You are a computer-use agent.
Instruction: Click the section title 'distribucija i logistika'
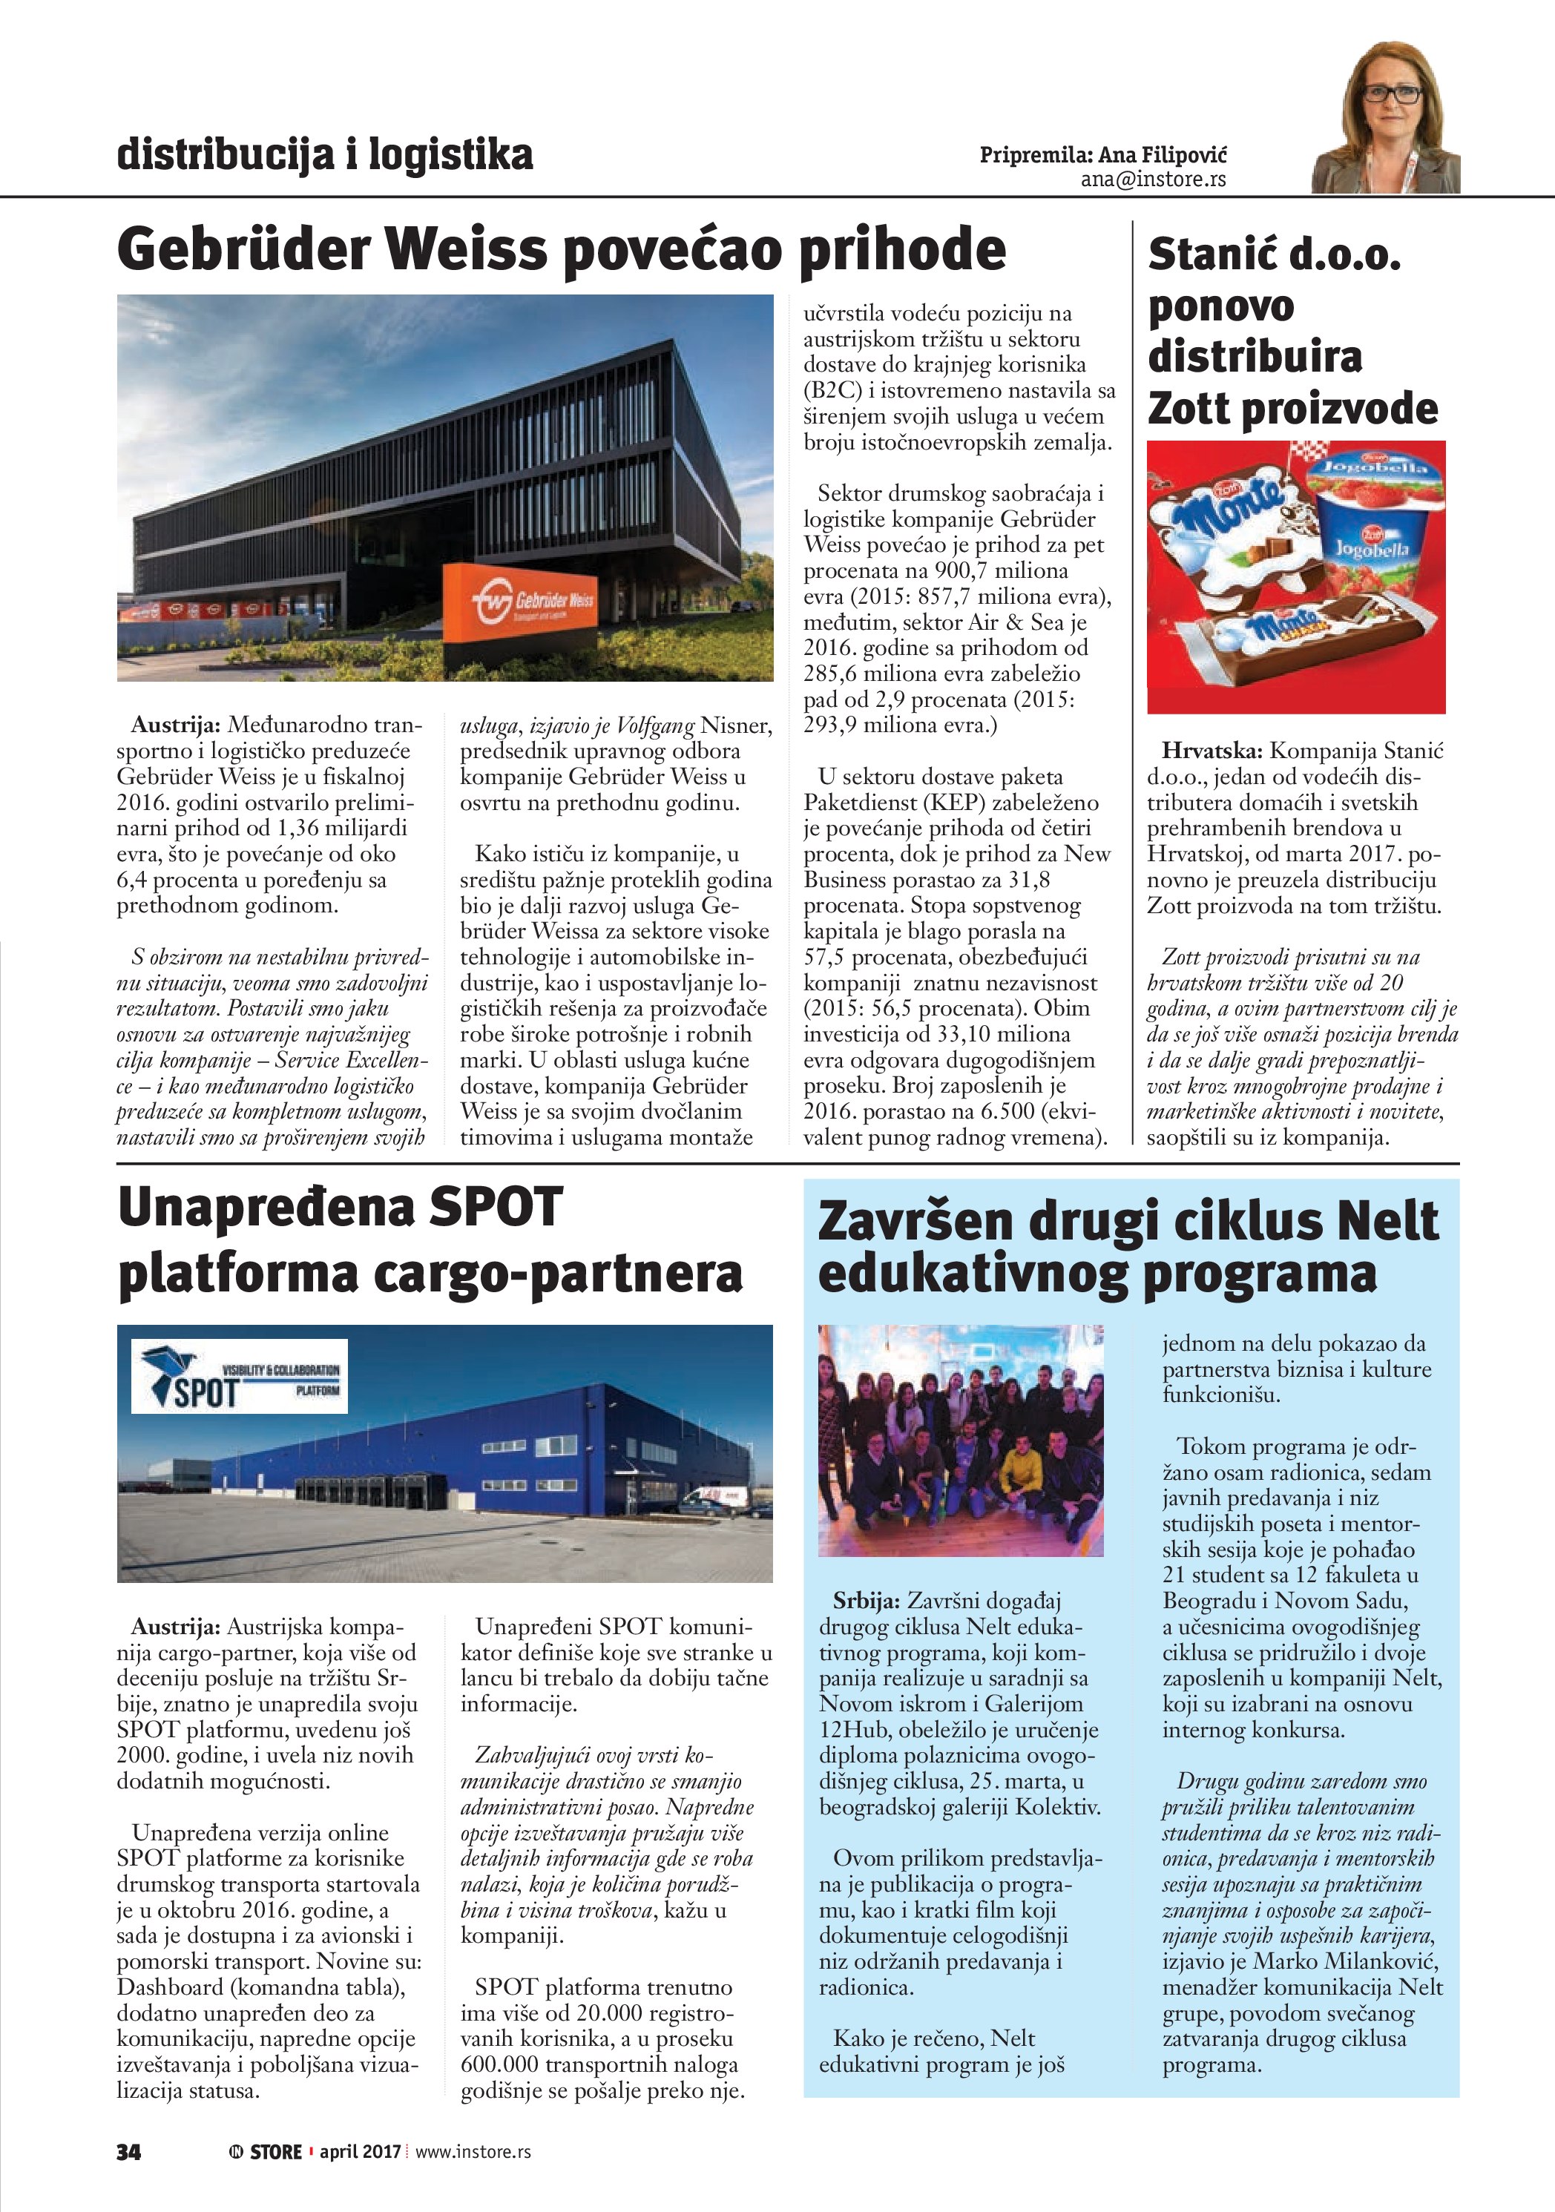(x=325, y=154)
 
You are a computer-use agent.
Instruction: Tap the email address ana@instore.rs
(x=1152, y=180)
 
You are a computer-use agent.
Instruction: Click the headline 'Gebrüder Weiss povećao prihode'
(x=562, y=249)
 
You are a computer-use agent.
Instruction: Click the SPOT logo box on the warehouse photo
(x=239, y=1376)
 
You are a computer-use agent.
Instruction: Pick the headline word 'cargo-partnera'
(x=558, y=1273)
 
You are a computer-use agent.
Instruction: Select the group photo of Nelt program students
(x=961, y=1441)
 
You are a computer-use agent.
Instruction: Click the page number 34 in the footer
(x=129, y=2152)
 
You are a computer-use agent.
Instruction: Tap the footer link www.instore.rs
(x=473, y=2152)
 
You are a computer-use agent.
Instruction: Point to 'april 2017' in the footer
(x=361, y=2152)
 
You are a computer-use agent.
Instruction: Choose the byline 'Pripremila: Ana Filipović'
(x=1102, y=155)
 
